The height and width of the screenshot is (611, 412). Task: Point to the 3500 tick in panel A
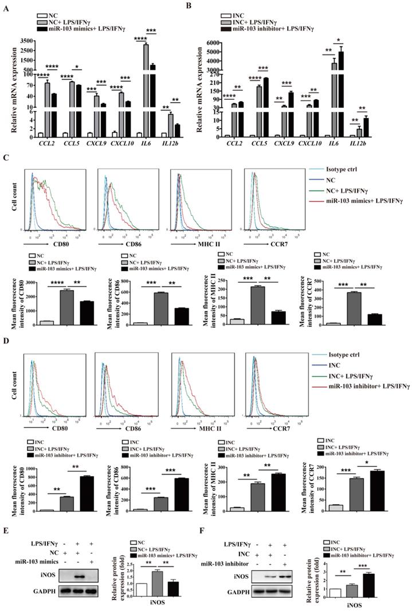click(x=25, y=40)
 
